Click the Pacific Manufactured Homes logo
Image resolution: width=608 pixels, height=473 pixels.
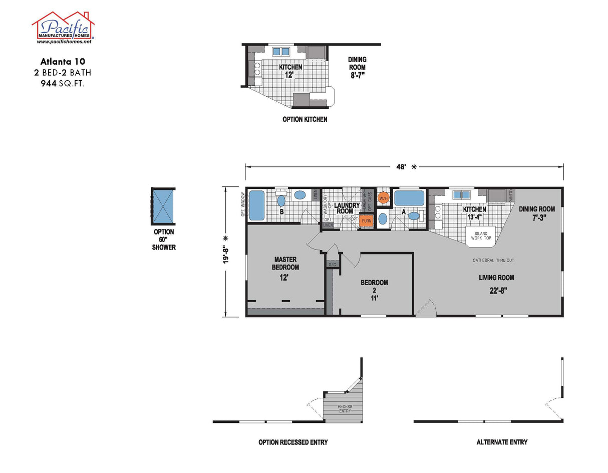click(x=63, y=28)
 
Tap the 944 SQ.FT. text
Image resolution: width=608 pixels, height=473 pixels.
click(x=63, y=84)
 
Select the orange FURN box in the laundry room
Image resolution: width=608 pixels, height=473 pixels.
click(x=367, y=220)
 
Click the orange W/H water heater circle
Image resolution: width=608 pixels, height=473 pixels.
click(x=384, y=198)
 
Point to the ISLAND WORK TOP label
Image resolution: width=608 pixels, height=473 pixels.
click(x=480, y=235)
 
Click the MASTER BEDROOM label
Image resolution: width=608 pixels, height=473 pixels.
click(x=285, y=264)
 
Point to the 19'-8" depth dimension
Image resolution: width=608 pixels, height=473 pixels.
click(x=226, y=251)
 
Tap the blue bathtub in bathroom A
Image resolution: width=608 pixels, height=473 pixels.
click(x=409, y=198)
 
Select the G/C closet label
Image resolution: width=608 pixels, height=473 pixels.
click(x=332, y=264)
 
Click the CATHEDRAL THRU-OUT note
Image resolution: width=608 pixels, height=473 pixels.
click(x=493, y=260)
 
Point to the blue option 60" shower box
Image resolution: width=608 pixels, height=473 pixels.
click(x=163, y=206)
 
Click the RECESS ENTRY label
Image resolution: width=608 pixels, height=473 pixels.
click(x=345, y=408)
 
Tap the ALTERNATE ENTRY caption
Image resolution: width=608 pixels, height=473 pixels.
click(x=502, y=442)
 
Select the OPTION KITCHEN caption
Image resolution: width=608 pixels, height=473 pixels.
click(x=305, y=119)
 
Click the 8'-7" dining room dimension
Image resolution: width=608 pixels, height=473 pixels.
click(x=357, y=75)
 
